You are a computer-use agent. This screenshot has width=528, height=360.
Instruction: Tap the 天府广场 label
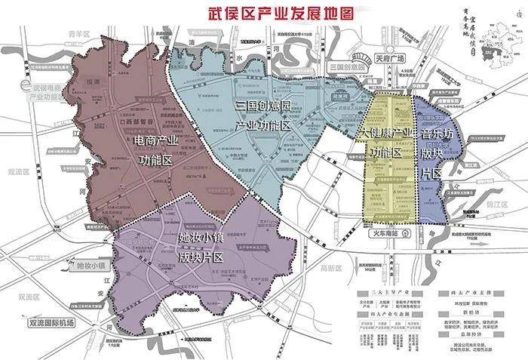tap(390, 57)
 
